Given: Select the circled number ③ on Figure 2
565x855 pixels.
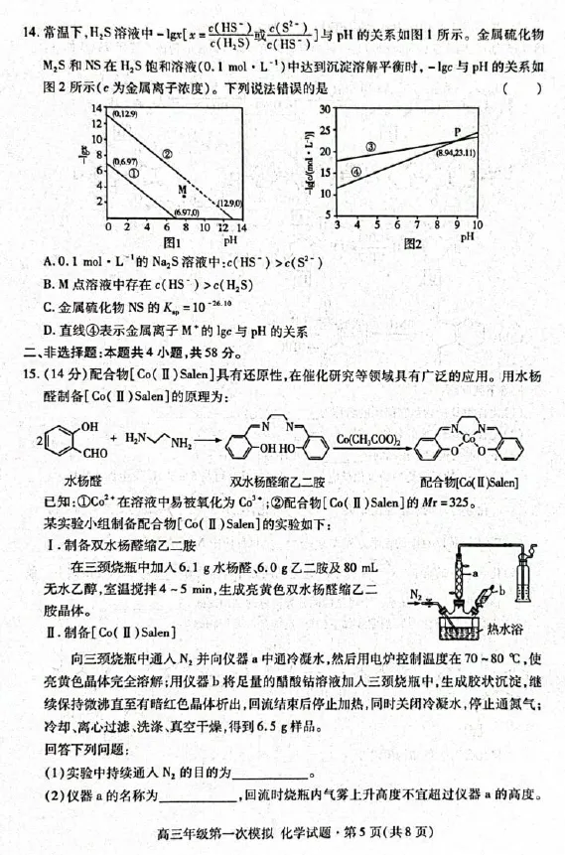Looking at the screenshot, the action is pos(369,146).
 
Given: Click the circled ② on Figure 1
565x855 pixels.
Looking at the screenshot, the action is pos(167,154).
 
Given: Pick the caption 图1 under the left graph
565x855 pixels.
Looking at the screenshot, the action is pos(171,241).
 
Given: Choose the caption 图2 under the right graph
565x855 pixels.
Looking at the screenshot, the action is pos(413,242).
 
